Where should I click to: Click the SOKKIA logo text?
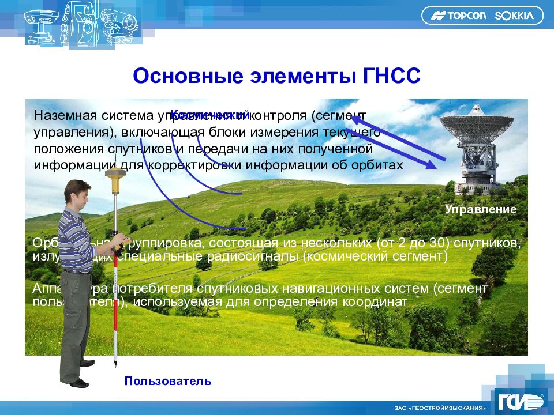click(515, 16)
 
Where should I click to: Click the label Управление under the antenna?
click(481, 209)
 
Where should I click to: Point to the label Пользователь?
click(168, 381)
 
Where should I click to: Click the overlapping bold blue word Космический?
click(210, 115)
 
